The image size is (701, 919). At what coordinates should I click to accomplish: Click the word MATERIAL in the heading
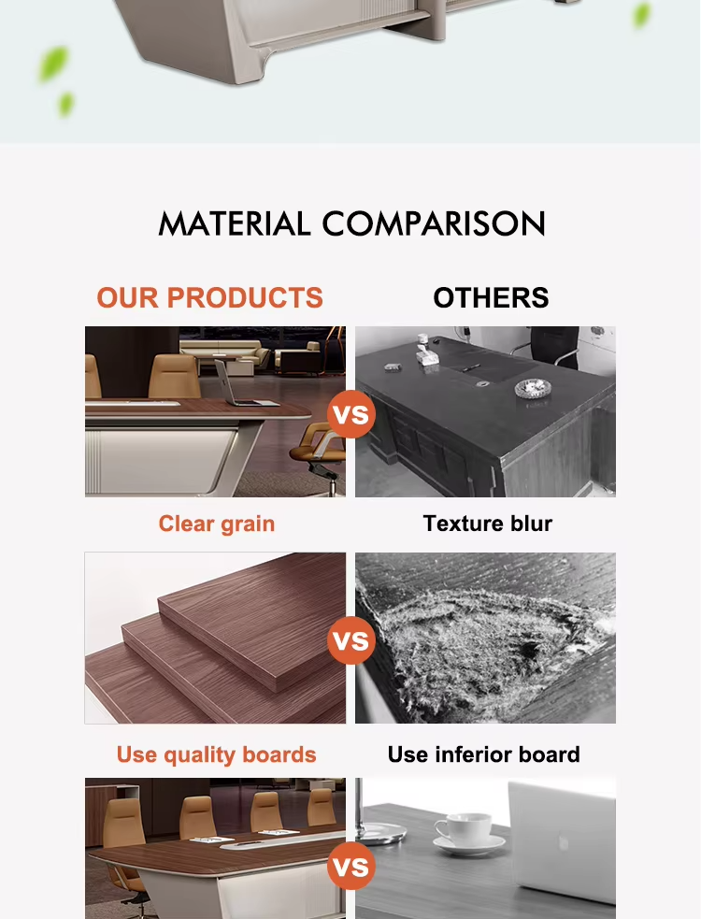coord(234,223)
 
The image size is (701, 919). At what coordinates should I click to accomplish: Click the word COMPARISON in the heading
coord(434,223)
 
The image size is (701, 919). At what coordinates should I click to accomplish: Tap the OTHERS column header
coord(492,297)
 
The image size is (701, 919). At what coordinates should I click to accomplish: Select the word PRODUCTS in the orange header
coord(245,297)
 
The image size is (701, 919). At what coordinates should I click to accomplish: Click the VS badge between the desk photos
coord(351,414)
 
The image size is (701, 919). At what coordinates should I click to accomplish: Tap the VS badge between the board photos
coord(351,640)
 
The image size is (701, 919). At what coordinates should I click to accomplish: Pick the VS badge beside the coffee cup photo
coord(351,867)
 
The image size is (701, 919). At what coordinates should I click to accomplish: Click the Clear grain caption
coord(216,524)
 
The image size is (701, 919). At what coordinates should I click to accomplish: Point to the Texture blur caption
coord(488,524)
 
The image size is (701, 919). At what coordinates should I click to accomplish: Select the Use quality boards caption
coord(216,754)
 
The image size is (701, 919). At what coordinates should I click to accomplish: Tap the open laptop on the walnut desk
coord(240,384)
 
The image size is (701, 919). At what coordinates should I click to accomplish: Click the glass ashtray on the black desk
coord(533,388)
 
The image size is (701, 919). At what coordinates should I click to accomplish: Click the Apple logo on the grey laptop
coord(564,843)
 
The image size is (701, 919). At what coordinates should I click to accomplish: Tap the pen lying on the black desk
coord(471,368)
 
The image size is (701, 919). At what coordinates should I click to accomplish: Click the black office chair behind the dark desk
coord(554,347)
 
